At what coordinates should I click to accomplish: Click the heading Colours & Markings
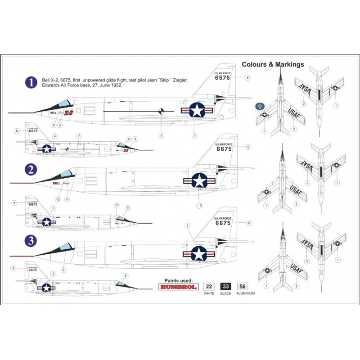tap(273, 64)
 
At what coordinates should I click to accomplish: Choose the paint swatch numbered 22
tap(209, 286)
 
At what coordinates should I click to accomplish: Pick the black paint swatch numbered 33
tap(226, 286)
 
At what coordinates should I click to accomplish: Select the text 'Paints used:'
tap(179, 279)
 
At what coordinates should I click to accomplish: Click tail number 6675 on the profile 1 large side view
tap(222, 77)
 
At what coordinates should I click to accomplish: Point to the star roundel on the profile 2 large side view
tap(198, 180)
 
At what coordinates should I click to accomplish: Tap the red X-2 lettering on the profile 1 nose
tap(69, 112)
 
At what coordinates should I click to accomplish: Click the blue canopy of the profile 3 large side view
tap(66, 246)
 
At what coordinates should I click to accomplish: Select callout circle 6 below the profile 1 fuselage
tap(161, 134)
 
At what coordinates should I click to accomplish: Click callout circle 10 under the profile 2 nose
tap(57, 199)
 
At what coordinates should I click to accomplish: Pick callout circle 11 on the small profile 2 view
tap(116, 205)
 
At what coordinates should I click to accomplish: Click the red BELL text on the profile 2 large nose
tap(56, 183)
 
